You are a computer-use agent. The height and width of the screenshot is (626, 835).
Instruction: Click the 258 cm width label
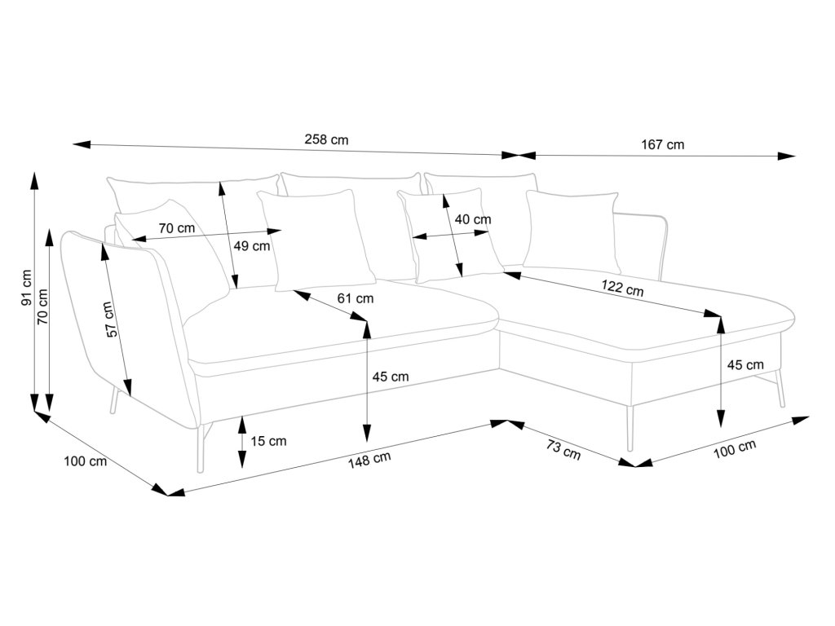click(x=326, y=139)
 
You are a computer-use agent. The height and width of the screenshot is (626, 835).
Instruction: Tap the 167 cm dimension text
click(x=662, y=145)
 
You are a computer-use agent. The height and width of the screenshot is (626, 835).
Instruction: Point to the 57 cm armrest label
click(x=111, y=319)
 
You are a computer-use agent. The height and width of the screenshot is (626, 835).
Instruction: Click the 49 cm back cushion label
click(x=253, y=245)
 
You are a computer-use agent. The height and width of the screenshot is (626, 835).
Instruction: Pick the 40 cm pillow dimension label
click(x=473, y=219)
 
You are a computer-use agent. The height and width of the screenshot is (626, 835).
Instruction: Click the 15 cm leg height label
click(x=268, y=441)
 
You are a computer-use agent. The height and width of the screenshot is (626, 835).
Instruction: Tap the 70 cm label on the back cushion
click(x=176, y=229)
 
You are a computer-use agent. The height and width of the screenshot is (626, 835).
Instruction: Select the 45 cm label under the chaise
click(x=744, y=364)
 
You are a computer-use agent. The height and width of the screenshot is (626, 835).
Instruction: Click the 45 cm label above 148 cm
click(x=390, y=377)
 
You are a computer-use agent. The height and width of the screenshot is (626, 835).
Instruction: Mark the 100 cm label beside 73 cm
click(x=736, y=449)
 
